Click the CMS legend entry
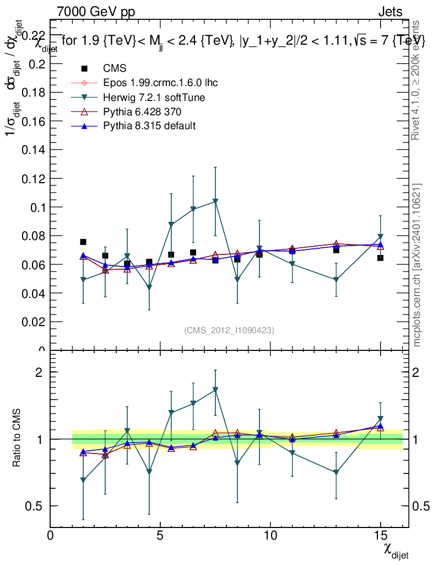[115, 68]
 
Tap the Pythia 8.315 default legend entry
[149, 126]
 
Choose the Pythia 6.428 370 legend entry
[142, 112]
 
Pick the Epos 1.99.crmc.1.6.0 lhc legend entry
[160, 83]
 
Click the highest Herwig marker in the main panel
[215, 201]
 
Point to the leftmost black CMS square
[83, 242]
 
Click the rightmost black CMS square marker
[380, 258]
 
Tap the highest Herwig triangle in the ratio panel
[215, 390]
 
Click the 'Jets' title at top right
[389, 12]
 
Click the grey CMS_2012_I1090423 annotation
[229, 330]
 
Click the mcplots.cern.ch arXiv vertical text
[417, 265]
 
